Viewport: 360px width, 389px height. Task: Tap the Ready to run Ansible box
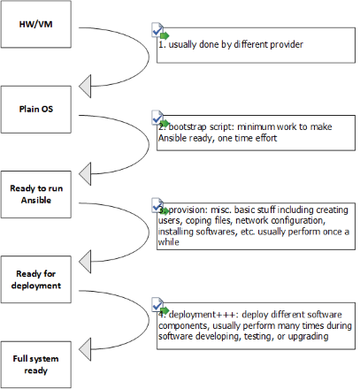(x=34, y=194)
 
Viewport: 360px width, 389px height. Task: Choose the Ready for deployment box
(x=34, y=280)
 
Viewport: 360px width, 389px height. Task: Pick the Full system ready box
(x=34, y=364)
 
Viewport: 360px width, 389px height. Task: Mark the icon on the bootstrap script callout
(x=159, y=118)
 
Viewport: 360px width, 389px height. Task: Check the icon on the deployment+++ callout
(x=159, y=305)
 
